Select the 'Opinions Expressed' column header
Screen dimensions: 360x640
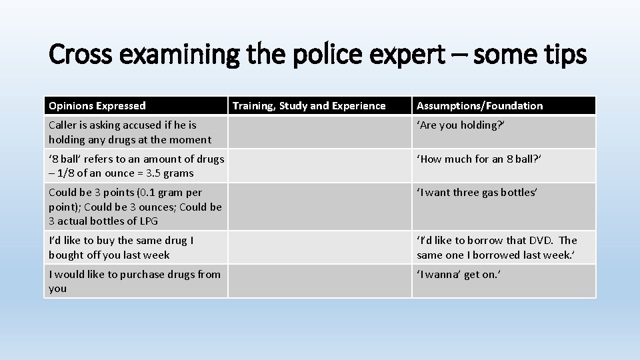point(97,106)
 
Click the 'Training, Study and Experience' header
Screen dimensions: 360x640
point(309,106)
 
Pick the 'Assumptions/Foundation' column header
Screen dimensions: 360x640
point(479,106)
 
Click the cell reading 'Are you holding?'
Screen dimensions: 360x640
point(460,125)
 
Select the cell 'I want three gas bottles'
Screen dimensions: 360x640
point(477,193)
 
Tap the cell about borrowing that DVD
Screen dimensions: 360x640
point(497,247)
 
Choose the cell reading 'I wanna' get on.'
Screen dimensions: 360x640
point(458,275)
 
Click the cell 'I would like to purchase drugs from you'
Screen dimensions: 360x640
point(134,281)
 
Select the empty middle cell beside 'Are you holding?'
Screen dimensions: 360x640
point(319,132)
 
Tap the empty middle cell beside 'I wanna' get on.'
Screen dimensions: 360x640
point(319,281)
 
